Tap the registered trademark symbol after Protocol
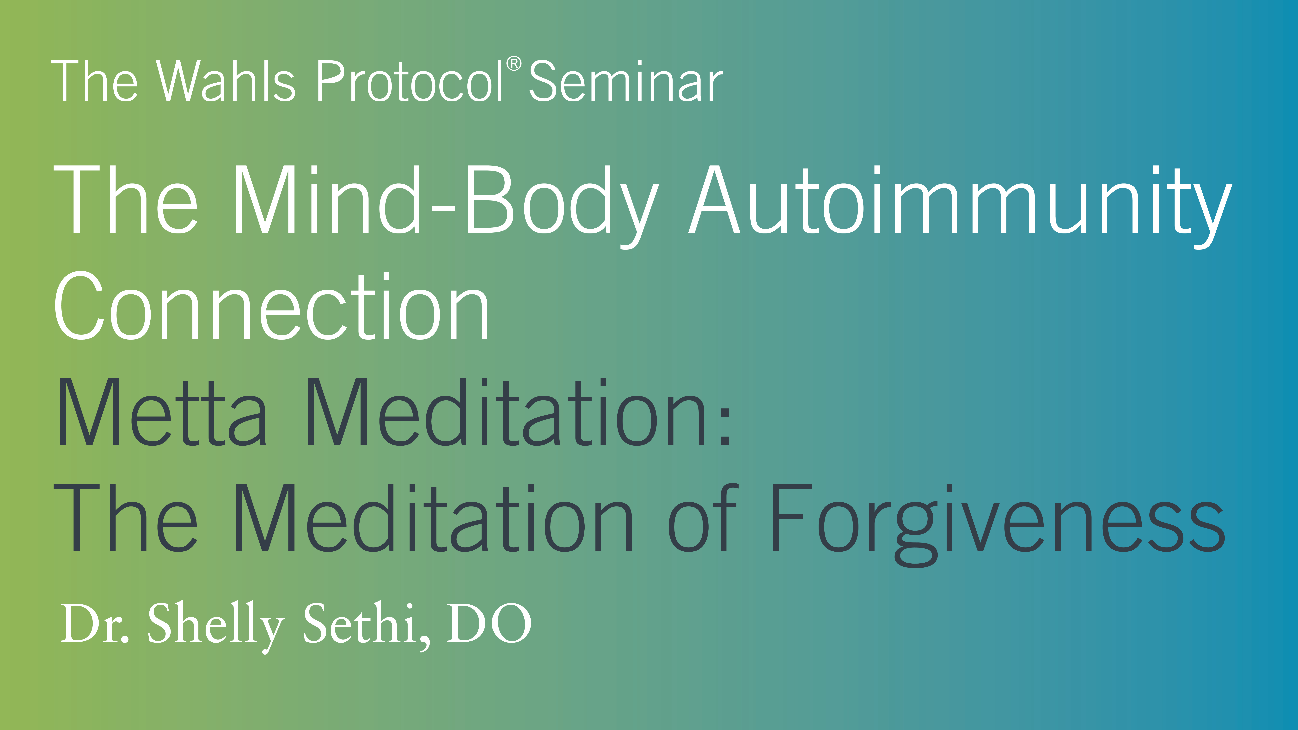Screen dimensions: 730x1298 coord(514,64)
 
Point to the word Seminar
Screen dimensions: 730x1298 coord(626,82)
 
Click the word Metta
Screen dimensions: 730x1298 coord(161,413)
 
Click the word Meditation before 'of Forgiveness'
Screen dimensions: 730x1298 coord(432,519)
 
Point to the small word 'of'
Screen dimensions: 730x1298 coord(703,519)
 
